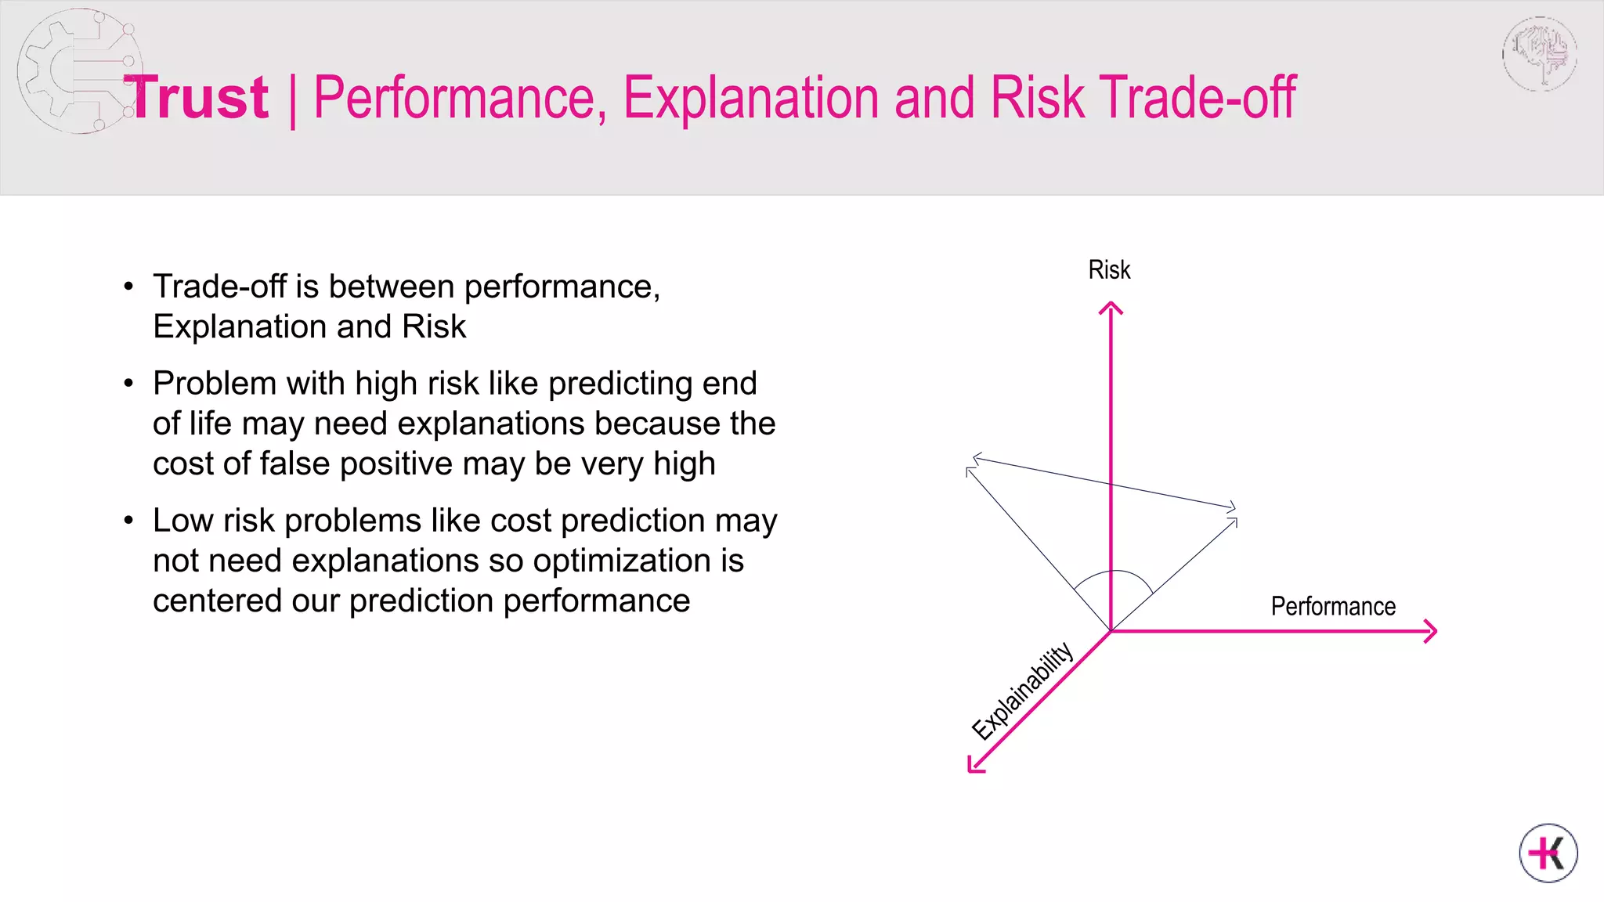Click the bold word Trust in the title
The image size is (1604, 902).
197,99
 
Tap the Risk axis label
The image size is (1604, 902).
1109,270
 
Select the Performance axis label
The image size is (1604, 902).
1332,607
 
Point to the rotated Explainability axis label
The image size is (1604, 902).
1021,691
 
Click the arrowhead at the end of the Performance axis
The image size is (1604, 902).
1431,631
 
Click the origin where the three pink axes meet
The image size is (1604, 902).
1111,631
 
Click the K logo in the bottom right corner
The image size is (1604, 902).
1548,853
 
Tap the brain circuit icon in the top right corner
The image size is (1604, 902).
1540,54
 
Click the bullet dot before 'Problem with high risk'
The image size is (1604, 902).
129,384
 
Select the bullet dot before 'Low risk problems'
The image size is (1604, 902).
129,521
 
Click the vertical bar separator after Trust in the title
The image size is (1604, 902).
292,100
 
